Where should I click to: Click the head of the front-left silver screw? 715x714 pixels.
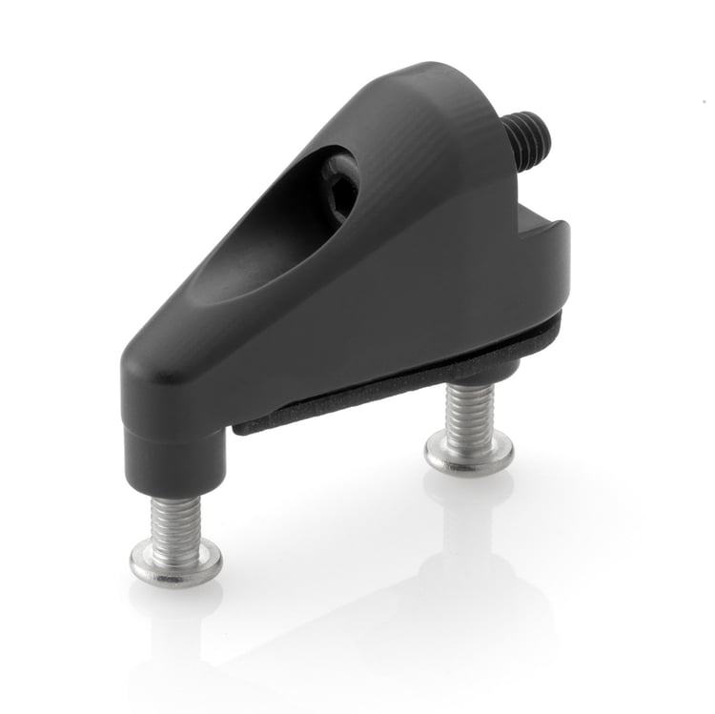point(176,564)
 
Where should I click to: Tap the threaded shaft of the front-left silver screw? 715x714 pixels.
point(176,520)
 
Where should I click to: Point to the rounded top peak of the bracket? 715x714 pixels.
point(434,81)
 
